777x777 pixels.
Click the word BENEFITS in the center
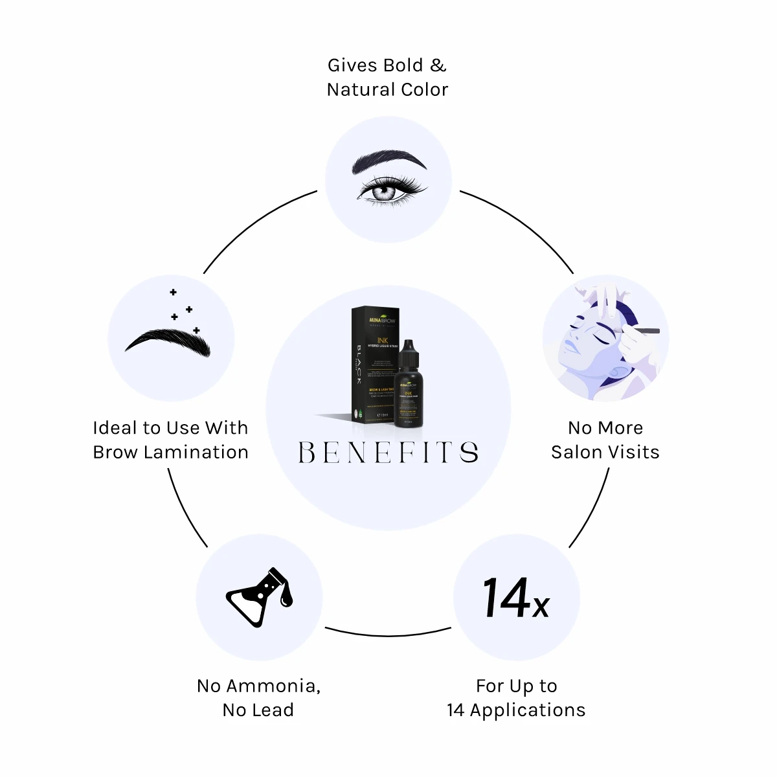coord(388,452)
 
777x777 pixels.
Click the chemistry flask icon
coord(259,597)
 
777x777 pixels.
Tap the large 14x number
coord(515,598)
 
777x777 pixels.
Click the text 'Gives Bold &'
coord(387,65)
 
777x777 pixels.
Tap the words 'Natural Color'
coord(387,89)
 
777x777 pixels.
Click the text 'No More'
coord(605,428)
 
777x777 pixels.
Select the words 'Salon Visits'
coord(605,452)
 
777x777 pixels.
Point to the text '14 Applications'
coord(516,710)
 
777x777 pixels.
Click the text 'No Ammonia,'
coord(258,686)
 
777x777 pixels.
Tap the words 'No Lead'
coord(258,710)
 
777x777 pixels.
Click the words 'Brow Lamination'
coord(170,452)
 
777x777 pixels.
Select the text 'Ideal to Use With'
coord(170,428)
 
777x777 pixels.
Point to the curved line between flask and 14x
coord(388,635)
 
